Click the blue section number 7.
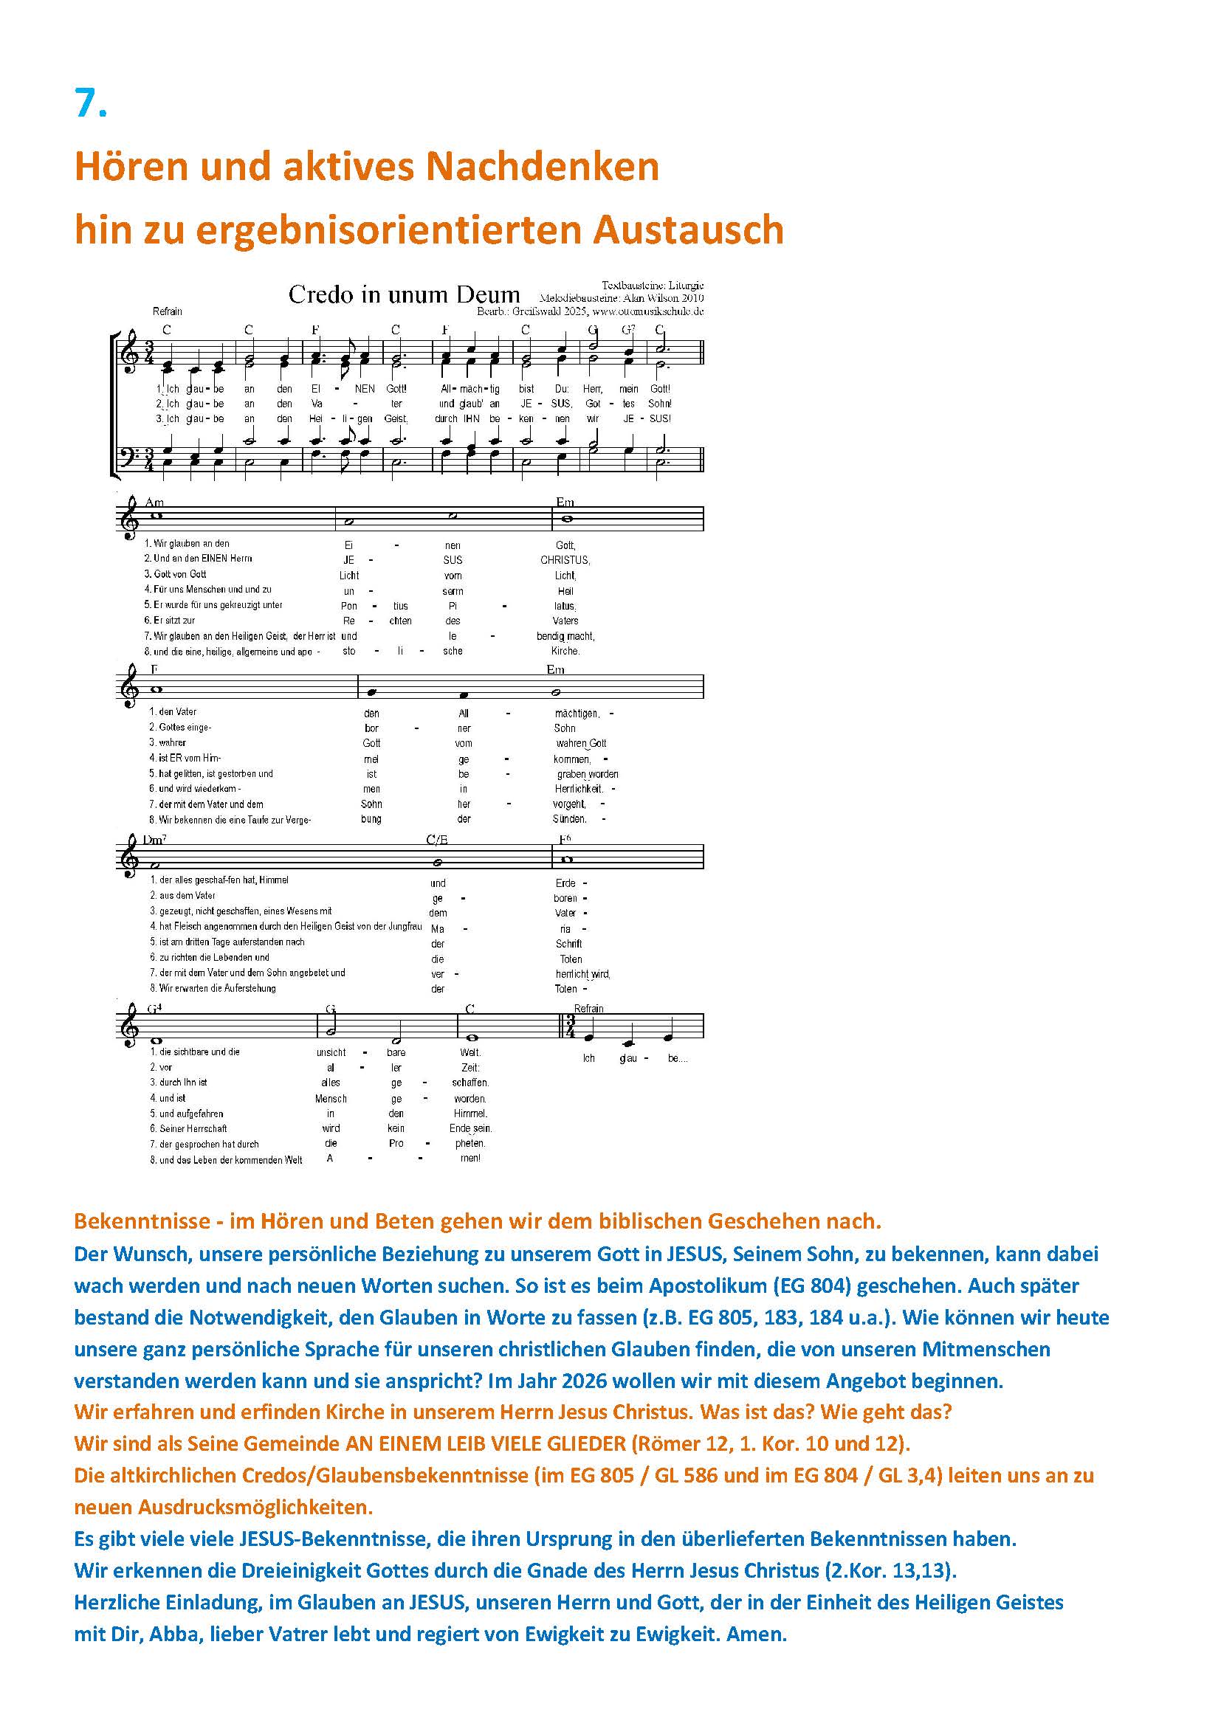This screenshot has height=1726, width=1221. tap(90, 103)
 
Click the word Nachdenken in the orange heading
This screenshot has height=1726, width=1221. tap(542, 166)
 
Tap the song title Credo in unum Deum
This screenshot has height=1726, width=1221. tap(404, 294)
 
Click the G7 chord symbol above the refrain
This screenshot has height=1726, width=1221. tap(628, 329)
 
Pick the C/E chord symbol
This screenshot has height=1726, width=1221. tap(437, 840)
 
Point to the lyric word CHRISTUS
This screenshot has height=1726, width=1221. tap(565, 560)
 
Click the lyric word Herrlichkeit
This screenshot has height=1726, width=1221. tap(579, 789)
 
